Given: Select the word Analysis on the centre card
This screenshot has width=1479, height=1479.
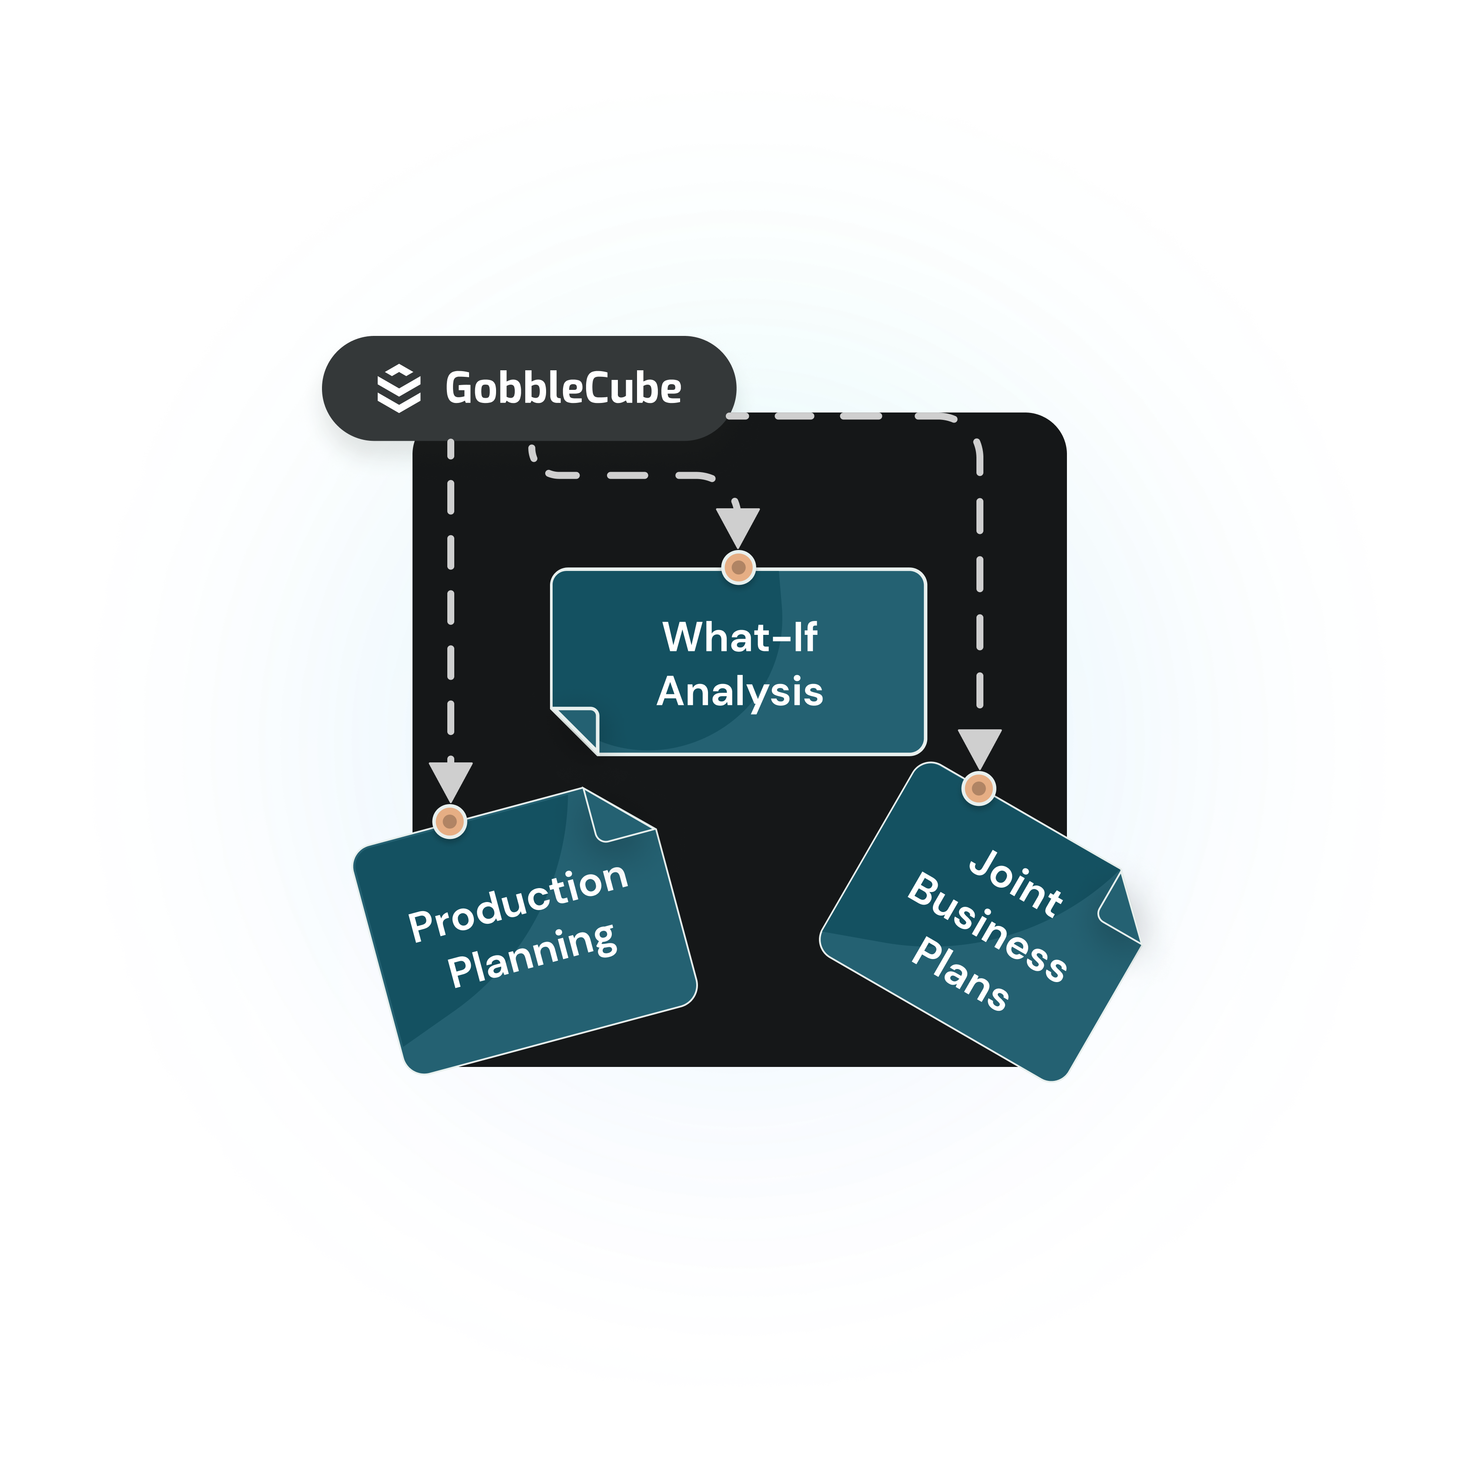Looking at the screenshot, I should pyautogui.click(x=740, y=691).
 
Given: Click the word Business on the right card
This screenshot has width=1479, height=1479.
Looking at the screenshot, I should pyautogui.click(x=988, y=926).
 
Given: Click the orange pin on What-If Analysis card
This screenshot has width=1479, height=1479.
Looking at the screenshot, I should pyautogui.click(x=739, y=568).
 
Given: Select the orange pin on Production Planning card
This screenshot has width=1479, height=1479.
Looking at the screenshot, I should pyautogui.click(x=450, y=822).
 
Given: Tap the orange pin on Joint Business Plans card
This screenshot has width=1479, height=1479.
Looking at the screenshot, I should pyautogui.click(x=978, y=788).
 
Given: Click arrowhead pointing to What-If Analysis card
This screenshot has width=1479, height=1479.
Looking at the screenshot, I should pyautogui.click(x=738, y=526).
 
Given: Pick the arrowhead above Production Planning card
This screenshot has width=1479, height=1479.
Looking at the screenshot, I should pyautogui.click(x=450, y=780).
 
